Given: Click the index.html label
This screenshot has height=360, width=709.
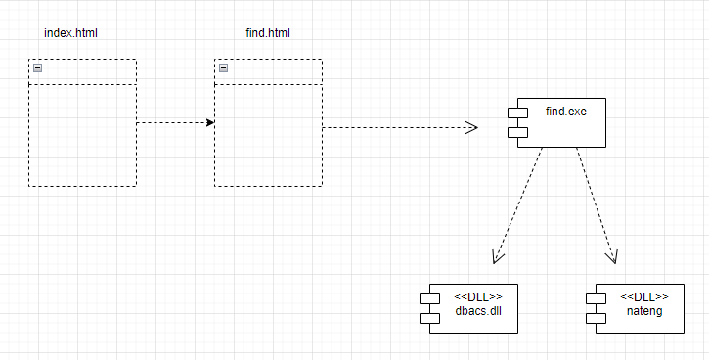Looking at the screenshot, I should point(70,33).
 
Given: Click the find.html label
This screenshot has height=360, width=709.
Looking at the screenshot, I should point(267,33).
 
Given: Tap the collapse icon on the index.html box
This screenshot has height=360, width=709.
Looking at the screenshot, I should point(37,68).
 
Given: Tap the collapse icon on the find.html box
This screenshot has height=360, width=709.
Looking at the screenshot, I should point(223,68).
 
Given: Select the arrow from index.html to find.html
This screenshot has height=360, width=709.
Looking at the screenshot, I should point(174,123).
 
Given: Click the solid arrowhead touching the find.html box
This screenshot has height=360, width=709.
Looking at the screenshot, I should point(209,123).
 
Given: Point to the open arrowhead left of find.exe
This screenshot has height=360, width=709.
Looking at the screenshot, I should point(471,127).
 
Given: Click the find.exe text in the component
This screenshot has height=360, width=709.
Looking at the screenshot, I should point(565,112).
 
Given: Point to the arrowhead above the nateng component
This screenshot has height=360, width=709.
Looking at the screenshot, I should point(613,257).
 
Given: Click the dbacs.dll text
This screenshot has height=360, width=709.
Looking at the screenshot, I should point(478,311).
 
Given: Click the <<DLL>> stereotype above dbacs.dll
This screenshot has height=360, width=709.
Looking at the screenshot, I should point(478,297).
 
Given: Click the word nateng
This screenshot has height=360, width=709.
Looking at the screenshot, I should point(644,311).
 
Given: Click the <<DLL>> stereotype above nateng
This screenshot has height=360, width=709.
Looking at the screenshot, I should point(644,297).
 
